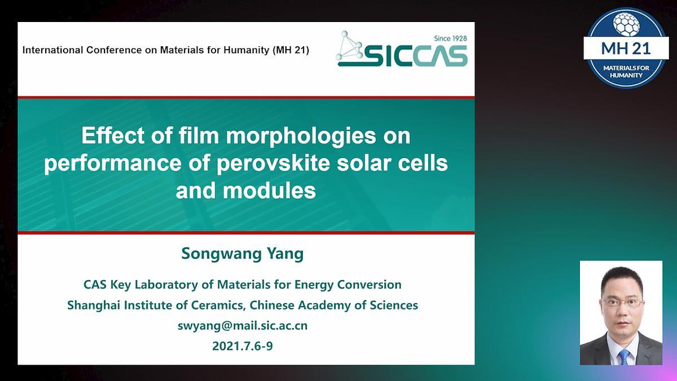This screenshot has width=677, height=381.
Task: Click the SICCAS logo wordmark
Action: coord(416,56)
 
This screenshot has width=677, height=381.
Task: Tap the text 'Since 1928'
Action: coord(450,38)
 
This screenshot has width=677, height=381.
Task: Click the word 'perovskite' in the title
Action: coord(273,163)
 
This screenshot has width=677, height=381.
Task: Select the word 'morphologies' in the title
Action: coord(301,136)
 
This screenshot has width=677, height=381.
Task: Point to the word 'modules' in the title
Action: coord(269,191)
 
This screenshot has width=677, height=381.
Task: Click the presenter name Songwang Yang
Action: coord(243,253)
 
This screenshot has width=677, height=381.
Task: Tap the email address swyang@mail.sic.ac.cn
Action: coord(243,326)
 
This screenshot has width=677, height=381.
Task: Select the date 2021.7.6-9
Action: coord(243,345)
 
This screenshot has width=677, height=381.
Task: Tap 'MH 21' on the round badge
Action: coord(626,49)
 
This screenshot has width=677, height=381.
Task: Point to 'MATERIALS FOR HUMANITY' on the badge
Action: coord(626,71)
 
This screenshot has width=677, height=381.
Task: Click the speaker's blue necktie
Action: coord(624,357)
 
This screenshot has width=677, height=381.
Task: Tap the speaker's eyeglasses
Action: coord(623,303)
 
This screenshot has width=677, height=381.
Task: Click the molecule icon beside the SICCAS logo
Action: coord(349,45)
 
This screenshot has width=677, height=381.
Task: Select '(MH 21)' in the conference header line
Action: coord(291,50)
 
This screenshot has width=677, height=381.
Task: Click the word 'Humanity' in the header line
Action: coord(247,50)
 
